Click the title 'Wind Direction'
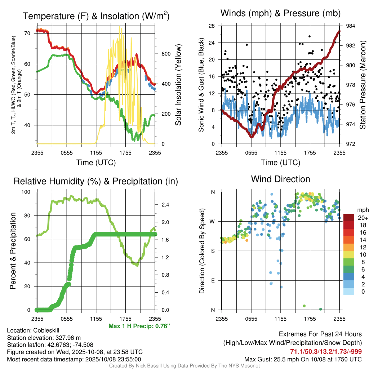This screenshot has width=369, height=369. (280, 179)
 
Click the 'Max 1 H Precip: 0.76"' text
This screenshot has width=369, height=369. (139, 326)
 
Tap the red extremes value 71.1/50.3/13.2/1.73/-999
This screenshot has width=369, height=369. (326, 351)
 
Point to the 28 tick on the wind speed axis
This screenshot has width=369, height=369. (212, 26)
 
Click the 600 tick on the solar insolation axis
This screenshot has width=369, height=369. (165, 54)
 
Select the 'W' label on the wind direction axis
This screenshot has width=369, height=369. (213, 221)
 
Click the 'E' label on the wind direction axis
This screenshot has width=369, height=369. (213, 280)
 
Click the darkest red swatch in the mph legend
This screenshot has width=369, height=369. (349, 218)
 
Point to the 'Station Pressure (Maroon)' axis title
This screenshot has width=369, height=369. (363, 85)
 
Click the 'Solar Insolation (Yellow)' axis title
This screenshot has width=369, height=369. (178, 85)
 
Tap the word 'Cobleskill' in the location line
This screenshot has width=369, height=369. (46, 330)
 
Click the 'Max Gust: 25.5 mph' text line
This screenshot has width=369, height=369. (303, 359)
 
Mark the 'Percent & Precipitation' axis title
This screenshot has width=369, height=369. (13, 251)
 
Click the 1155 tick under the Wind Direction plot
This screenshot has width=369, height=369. (280, 319)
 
